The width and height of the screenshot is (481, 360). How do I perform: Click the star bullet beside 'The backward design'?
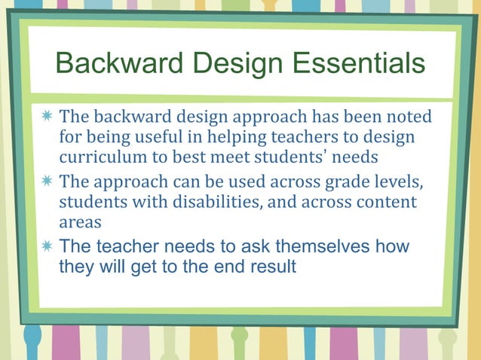[47, 117]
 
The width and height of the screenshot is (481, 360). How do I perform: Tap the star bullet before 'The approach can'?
[47, 182]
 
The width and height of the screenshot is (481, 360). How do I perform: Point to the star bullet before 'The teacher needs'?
[47, 246]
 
